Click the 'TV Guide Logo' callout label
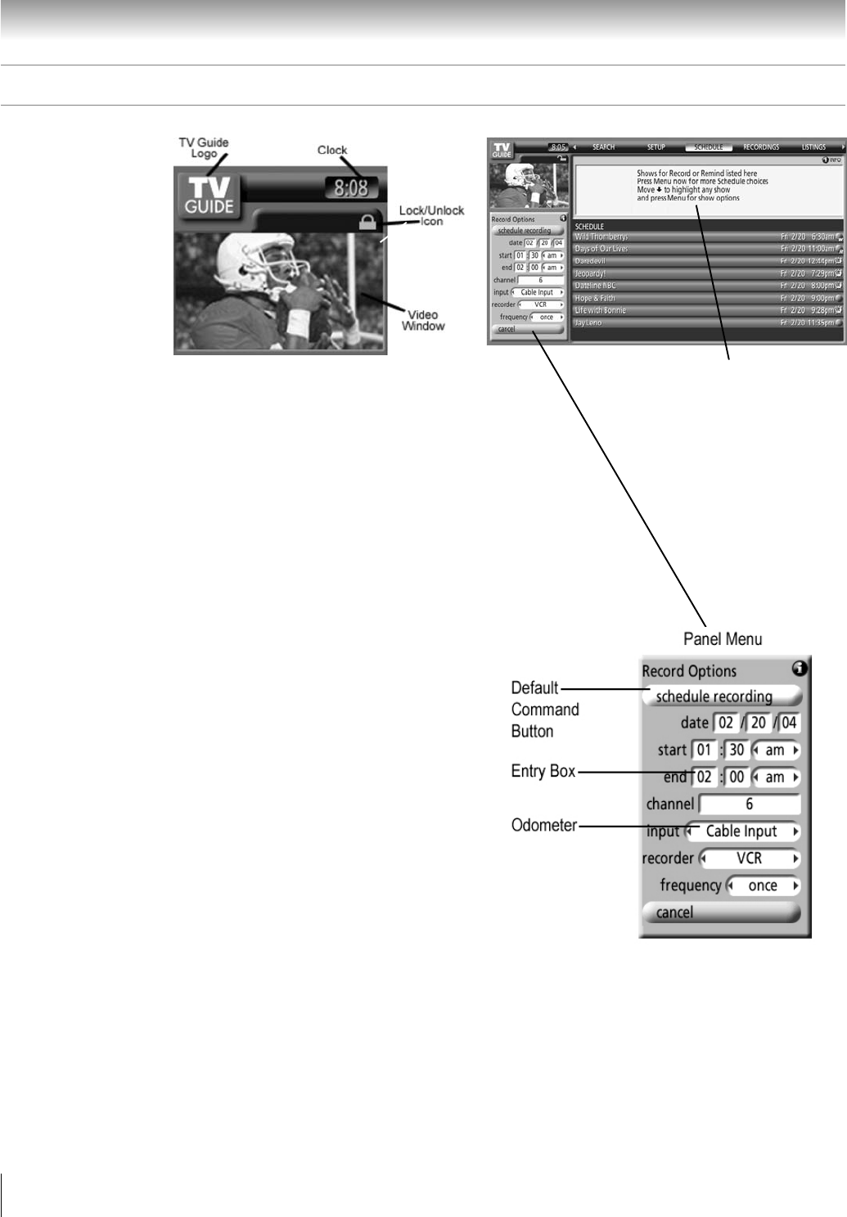(204, 147)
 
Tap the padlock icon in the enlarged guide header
(368, 221)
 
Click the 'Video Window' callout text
(423, 320)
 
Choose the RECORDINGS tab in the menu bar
(760, 147)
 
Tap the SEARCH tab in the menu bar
(603, 147)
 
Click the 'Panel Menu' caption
(717, 638)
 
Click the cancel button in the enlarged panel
(721, 913)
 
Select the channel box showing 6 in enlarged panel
(750, 805)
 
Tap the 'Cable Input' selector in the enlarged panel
(742, 832)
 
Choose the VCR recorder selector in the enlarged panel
(750, 859)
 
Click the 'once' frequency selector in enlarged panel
(763, 886)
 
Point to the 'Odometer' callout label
(544, 825)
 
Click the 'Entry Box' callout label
(543, 771)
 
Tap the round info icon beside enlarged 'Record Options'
(800, 669)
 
